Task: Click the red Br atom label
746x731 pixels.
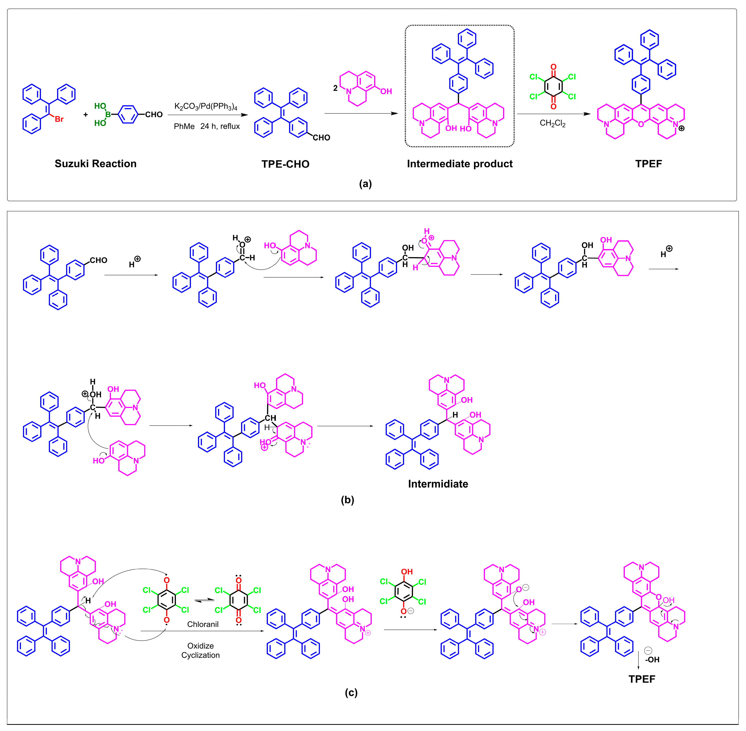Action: pos(59,119)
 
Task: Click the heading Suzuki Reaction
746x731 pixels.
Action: pos(96,164)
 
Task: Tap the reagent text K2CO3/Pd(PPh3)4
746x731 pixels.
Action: pos(206,106)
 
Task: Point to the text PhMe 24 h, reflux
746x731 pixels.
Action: pos(206,126)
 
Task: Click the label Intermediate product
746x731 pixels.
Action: pos(459,164)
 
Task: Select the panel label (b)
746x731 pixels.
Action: pos(347,499)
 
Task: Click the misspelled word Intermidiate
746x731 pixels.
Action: pos(438,484)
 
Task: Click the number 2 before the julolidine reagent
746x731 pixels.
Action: pos(335,88)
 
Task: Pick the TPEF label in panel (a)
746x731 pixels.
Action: pos(648,164)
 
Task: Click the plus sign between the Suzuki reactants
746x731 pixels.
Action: pos(86,114)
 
